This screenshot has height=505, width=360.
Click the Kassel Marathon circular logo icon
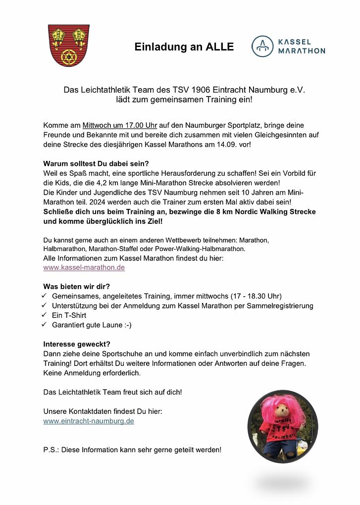(262, 46)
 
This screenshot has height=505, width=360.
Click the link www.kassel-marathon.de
(84, 267)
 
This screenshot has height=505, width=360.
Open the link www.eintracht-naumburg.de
(89, 421)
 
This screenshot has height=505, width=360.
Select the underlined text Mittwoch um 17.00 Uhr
(119, 125)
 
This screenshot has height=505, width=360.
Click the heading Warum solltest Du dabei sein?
(96, 163)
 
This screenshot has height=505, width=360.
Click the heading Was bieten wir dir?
(77, 287)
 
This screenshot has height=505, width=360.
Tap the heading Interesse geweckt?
(77, 344)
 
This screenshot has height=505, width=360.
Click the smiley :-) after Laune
(126, 325)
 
